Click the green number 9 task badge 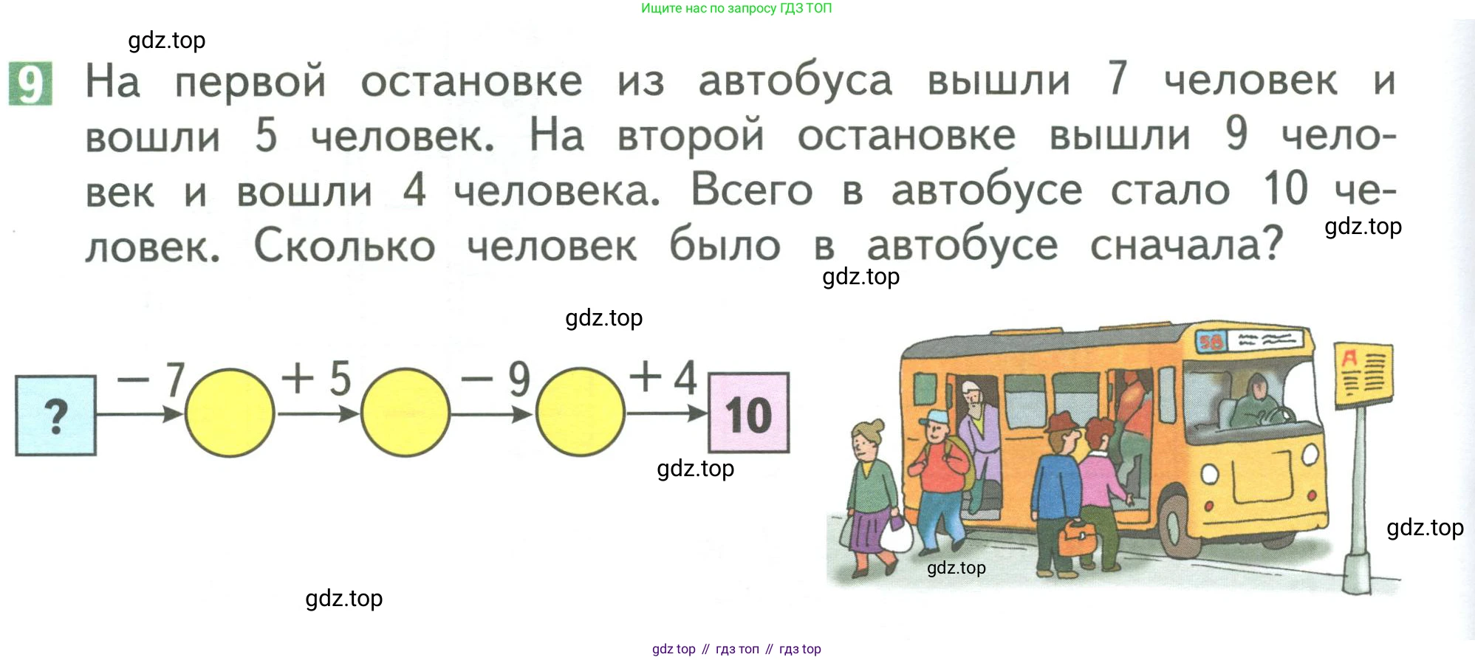pyautogui.click(x=30, y=83)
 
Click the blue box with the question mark pyautogui.click(x=56, y=416)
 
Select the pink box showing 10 pyautogui.click(x=749, y=413)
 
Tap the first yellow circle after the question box pyautogui.click(x=230, y=413)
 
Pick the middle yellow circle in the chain pyautogui.click(x=405, y=413)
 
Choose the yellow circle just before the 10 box pyautogui.click(x=581, y=413)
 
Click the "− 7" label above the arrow pyautogui.click(x=151, y=379)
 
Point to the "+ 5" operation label pyautogui.click(x=317, y=378)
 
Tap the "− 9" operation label pyautogui.click(x=496, y=379)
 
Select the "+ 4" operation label pyautogui.click(x=663, y=377)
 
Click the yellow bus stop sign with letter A pyautogui.click(x=1363, y=374)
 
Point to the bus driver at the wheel pyautogui.click(x=1258, y=402)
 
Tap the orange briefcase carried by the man pyautogui.click(x=1078, y=538)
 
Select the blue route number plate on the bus pyautogui.click(x=1211, y=341)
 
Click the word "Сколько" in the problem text pyautogui.click(x=345, y=245)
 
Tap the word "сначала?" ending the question pyautogui.click(x=1187, y=245)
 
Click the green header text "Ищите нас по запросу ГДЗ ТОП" pyautogui.click(x=736, y=8)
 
